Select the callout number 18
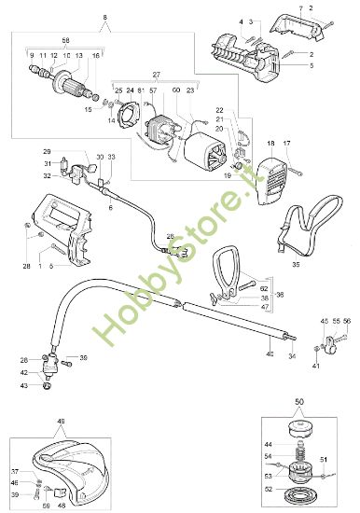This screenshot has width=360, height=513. tap(270, 145)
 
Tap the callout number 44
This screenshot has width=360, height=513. tap(268, 443)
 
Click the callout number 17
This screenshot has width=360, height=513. tap(287, 145)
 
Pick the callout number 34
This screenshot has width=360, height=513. tap(293, 355)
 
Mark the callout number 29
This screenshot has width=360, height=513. tap(46, 151)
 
